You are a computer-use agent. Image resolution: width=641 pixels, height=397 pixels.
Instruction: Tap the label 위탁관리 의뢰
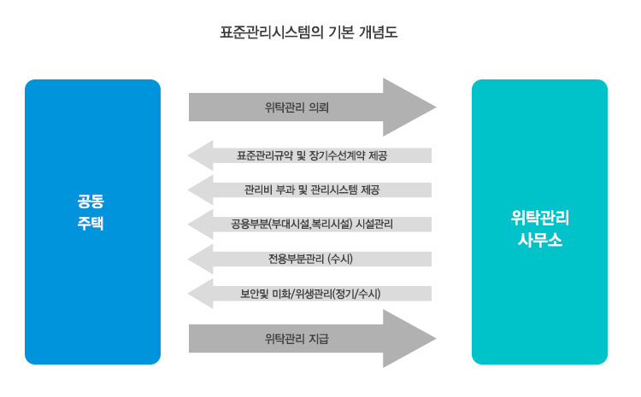[297, 108]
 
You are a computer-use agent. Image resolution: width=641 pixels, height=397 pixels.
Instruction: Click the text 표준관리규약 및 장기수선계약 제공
[311, 155]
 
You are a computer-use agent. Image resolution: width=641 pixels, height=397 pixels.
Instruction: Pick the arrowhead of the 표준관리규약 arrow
[201, 155]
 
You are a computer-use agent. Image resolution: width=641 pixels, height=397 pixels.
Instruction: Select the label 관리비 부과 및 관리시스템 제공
[311, 190]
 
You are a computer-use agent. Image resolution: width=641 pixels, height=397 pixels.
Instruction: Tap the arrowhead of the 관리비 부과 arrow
[201, 190]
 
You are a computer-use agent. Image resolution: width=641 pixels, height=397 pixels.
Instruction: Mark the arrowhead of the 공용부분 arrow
[201, 225]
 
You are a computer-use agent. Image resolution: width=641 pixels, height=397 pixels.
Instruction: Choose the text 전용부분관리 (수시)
[311, 259]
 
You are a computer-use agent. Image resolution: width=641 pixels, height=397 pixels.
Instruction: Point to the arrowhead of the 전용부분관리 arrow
[201, 259]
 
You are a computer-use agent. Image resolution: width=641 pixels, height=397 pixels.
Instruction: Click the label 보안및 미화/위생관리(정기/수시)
[311, 294]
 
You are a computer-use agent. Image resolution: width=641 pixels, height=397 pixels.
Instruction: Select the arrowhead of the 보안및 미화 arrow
[201, 294]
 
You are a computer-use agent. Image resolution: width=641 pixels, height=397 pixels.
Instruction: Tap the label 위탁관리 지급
[297, 339]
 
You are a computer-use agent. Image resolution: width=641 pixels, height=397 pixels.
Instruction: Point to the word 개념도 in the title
[379, 34]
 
